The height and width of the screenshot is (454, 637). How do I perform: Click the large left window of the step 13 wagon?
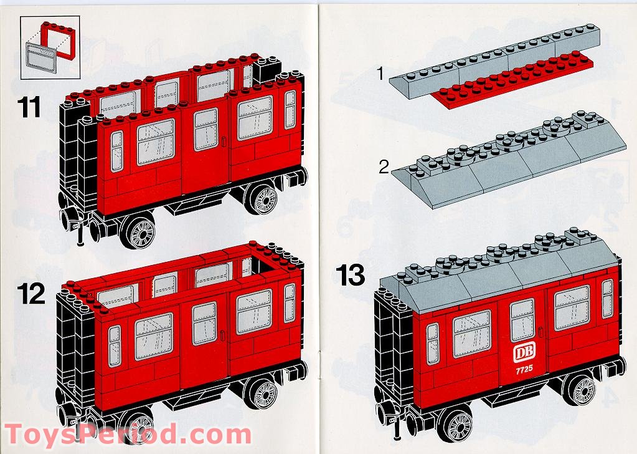471,334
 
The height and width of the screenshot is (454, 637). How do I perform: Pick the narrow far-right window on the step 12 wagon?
290,302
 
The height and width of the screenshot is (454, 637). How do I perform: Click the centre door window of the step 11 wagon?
206,129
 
